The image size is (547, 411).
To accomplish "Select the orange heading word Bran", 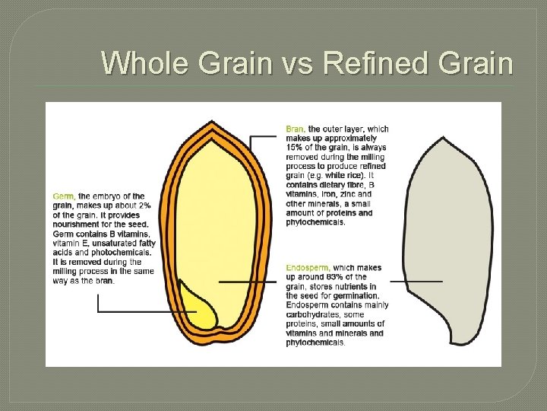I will pyautogui.click(x=296, y=129).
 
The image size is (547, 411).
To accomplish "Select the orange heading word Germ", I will pyautogui.click(x=63, y=196).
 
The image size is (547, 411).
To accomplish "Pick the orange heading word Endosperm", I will pyautogui.click(x=308, y=268).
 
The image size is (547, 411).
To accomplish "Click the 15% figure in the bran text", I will pyautogui.click(x=295, y=148).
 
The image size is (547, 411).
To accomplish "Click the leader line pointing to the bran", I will pyautogui.click(x=262, y=137).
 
